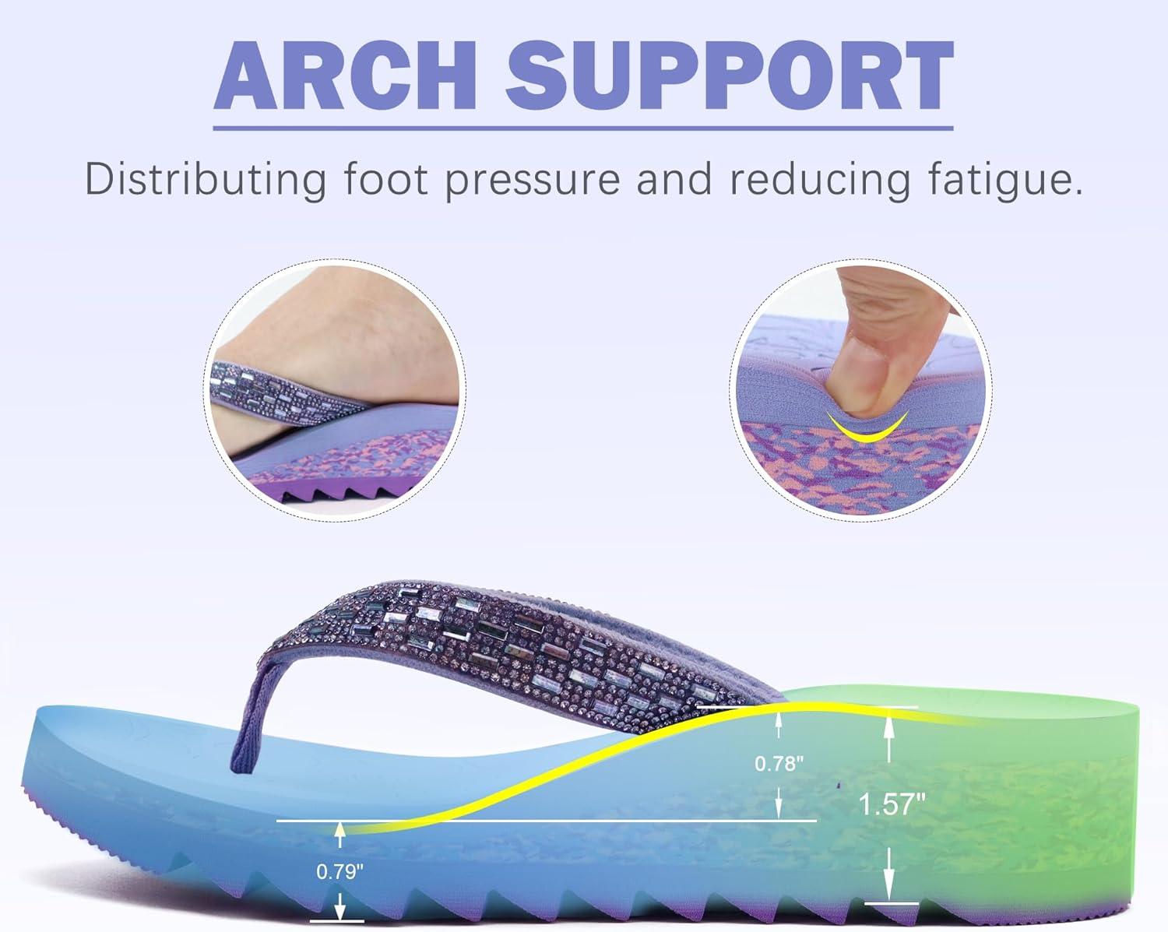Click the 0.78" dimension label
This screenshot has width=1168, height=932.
[779, 763]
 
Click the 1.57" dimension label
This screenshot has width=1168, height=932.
[892, 804]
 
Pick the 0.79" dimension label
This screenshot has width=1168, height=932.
[339, 871]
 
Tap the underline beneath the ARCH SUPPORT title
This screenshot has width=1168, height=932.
[583, 128]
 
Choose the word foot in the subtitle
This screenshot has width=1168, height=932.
[386, 178]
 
